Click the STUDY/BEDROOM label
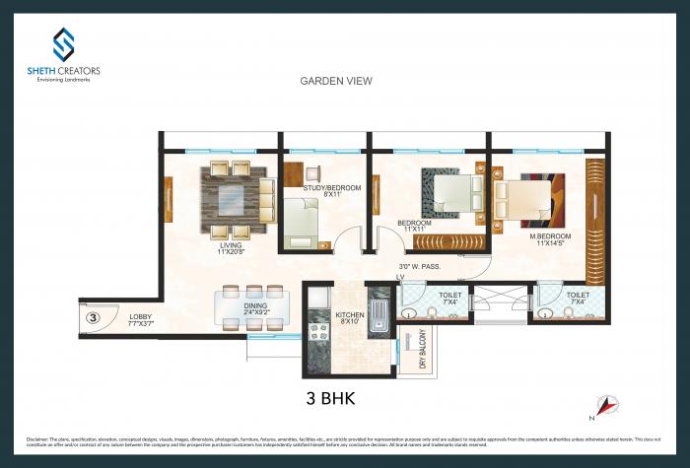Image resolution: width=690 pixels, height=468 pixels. (x=331, y=191)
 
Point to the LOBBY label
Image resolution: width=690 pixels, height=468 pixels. (x=141, y=319)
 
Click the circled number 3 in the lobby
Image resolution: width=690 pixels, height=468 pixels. (x=92, y=317)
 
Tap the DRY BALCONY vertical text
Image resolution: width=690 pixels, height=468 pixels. (x=422, y=350)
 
